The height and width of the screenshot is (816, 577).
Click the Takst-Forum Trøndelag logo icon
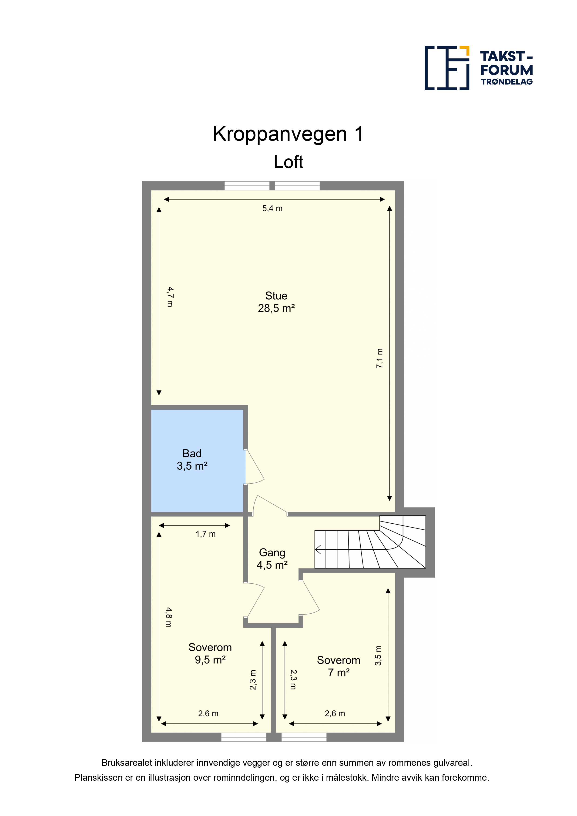tap(447, 68)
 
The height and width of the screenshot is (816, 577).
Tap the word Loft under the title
tap(288, 162)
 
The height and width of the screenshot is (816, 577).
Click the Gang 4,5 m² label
tap(272, 559)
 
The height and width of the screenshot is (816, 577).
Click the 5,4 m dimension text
tap(272, 209)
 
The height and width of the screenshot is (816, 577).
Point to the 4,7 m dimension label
tap(171, 297)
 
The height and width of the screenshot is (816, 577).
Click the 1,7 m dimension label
tap(205, 534)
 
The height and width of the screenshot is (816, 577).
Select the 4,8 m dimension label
tap(169, 617)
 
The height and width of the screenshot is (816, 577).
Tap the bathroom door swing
tap(255, 467)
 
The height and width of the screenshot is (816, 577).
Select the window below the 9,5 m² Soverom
tap(244, 737)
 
